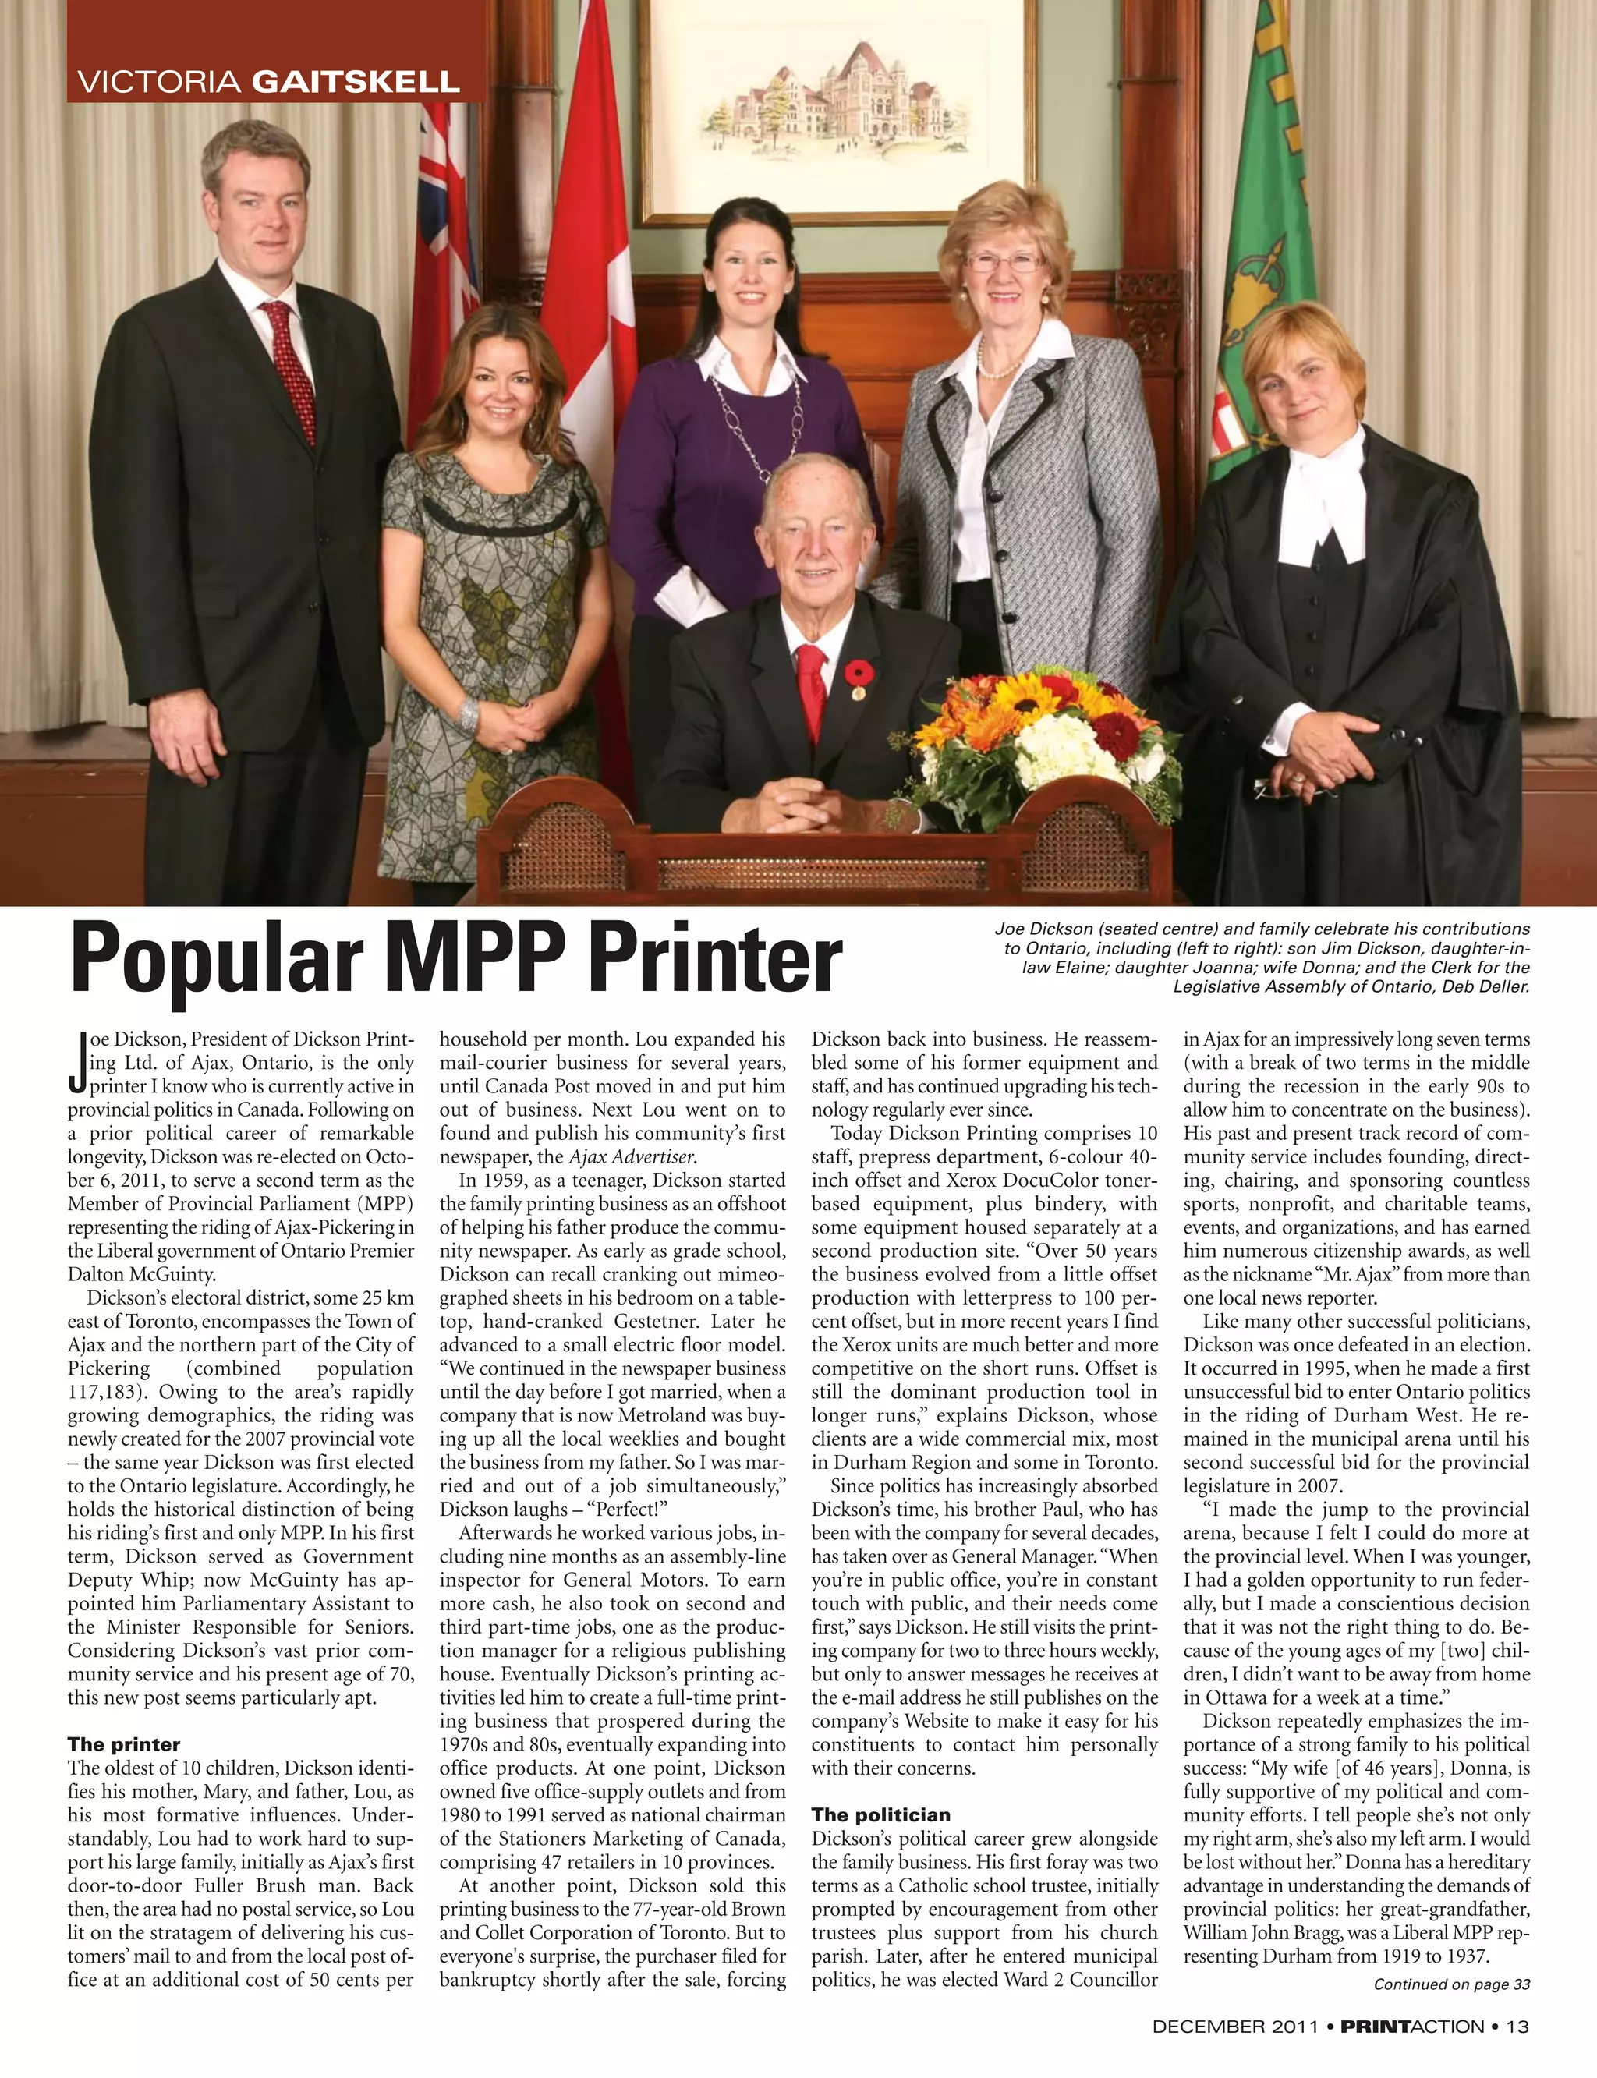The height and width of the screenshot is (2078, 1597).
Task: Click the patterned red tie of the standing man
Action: coord(289,370)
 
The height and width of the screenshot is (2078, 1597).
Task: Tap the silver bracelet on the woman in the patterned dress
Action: coord(468,713)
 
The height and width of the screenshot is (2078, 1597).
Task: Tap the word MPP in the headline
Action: coord(478,959)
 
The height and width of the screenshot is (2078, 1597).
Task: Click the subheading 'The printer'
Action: coord(123,1744)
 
